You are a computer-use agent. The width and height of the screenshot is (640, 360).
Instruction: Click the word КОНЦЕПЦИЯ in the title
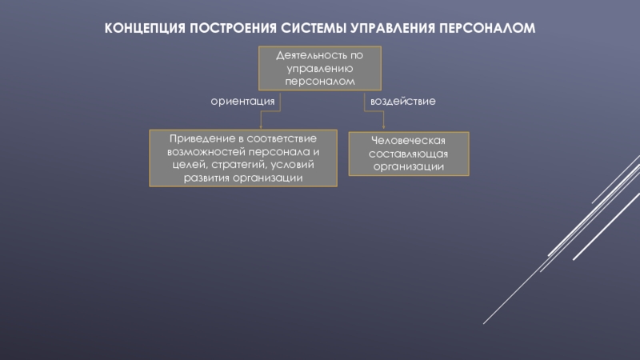coord(145,28)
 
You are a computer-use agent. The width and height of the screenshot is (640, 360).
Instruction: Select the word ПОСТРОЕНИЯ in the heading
coord(234,28)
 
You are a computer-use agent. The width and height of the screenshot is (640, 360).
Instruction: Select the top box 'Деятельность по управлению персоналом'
coord(319,69)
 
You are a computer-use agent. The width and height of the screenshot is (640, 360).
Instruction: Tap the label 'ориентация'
coord(242,102)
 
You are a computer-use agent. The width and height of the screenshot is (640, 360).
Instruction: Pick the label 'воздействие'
coord(402,102)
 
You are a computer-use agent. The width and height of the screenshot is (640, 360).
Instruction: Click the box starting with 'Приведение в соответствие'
coord(243,158)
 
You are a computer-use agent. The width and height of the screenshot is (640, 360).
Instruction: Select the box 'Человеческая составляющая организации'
coord(408,154)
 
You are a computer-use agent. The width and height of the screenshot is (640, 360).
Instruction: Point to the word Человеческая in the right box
coord(408,141)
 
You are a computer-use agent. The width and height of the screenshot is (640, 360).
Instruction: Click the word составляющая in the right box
coord(408,154)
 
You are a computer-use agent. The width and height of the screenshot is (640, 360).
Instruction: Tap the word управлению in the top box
coord(319,70)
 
